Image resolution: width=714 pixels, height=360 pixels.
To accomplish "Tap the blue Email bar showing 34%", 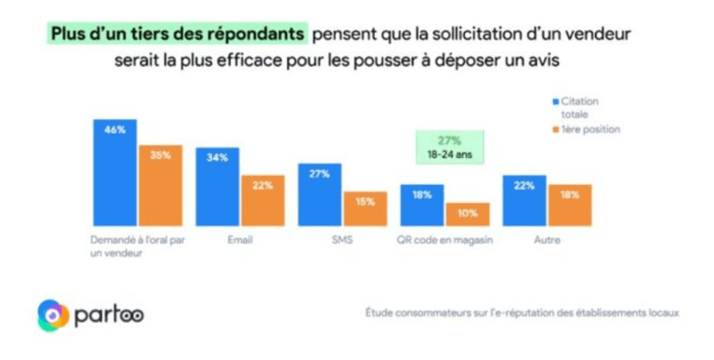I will tap(218, 186).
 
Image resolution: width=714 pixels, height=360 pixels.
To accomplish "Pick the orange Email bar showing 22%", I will tap(263, 200).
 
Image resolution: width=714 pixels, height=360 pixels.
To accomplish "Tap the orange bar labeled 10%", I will tap(467, 215).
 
